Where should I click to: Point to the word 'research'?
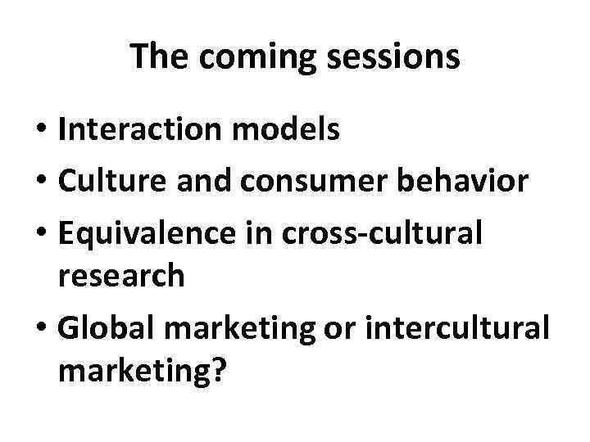[x=121, y=277]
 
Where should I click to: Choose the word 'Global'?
[x=104, y=327]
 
